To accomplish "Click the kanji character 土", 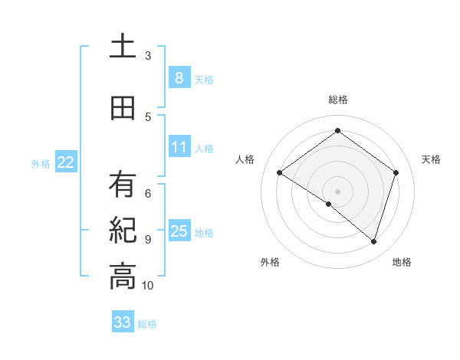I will point(123,47).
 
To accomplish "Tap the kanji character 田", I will point(123,109).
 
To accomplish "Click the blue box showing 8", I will point(179,78).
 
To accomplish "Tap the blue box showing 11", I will point(179,147).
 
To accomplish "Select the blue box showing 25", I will point(179,231).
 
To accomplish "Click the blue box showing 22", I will point(66,162).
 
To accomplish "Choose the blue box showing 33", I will point(123,322).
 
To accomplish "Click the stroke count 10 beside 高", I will point(148,285).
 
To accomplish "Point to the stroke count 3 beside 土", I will point(148,55).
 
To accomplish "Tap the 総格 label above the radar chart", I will point(337,100).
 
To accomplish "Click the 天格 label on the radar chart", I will point(432,159).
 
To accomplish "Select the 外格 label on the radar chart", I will point(270,262).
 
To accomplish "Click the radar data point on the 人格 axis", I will point(280,173).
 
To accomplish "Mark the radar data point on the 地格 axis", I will point(373,241).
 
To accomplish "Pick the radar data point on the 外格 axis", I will point(329,204).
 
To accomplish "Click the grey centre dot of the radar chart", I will point(337,191).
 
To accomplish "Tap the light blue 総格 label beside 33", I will point(148,324).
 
